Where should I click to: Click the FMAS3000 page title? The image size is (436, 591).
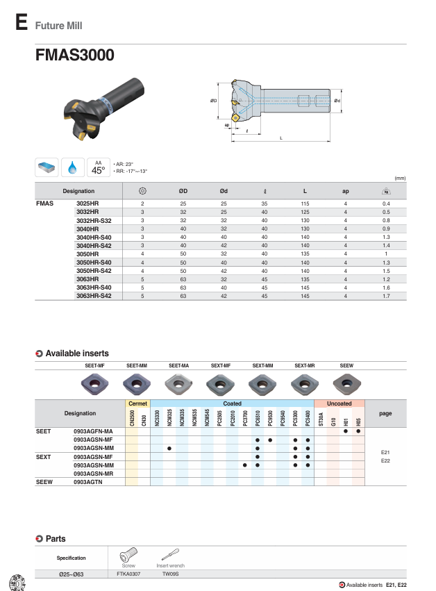75,56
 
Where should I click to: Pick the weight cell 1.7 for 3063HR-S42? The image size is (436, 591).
386,297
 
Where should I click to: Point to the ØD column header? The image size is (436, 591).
183,190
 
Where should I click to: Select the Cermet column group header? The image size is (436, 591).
137,403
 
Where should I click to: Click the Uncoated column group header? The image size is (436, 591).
339,403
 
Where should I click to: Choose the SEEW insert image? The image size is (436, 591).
346,383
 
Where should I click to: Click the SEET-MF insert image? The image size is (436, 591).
94,383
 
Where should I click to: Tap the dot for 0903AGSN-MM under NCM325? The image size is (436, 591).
169,448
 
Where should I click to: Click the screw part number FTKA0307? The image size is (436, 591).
128,574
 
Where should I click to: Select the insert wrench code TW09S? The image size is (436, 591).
171,574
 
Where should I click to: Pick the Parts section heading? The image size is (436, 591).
56,538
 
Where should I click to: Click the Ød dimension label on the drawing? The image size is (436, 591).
337,101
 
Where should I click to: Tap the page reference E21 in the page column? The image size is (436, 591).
385,452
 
